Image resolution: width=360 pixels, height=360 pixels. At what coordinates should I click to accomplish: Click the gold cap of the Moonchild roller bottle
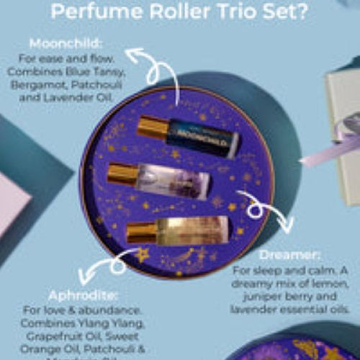coord(152,127)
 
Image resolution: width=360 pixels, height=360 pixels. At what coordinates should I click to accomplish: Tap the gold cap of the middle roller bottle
coord(122,175)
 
